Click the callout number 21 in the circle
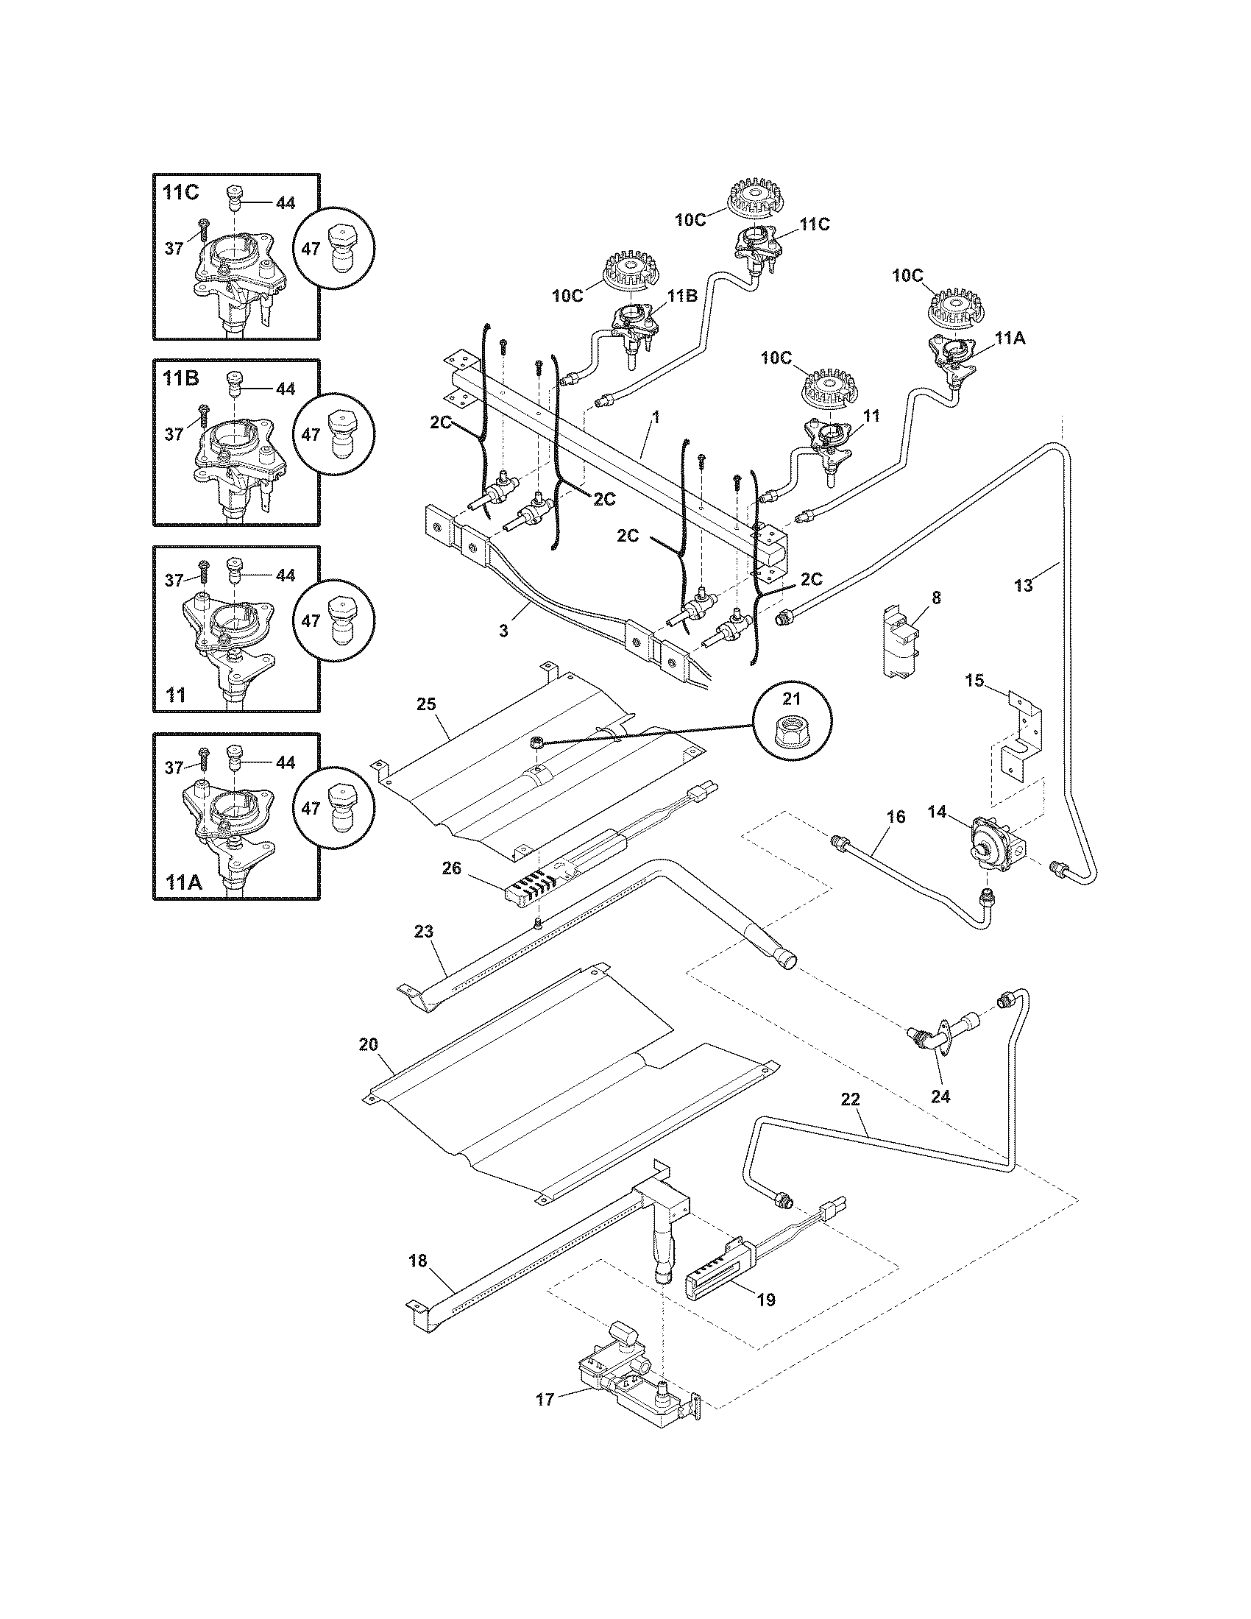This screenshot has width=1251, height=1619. pyautogui.click(x=793, y=699)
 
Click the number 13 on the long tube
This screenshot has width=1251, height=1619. pyautogui.click(x=1023, y=586)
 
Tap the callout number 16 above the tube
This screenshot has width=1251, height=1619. pyautogui.click(x=896, y=817)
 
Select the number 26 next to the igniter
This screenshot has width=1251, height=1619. pyautogui.click(x=452, y=868)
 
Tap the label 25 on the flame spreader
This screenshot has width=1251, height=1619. pyautogui.click(x=426, y=704)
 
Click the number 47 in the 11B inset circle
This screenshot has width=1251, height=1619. pyautogui.click(x=311, y=435)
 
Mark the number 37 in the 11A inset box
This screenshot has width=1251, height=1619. pyautogui.click(x=174, y=768)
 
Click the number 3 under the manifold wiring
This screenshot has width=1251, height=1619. pyautogui.click(x=503, y=631)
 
